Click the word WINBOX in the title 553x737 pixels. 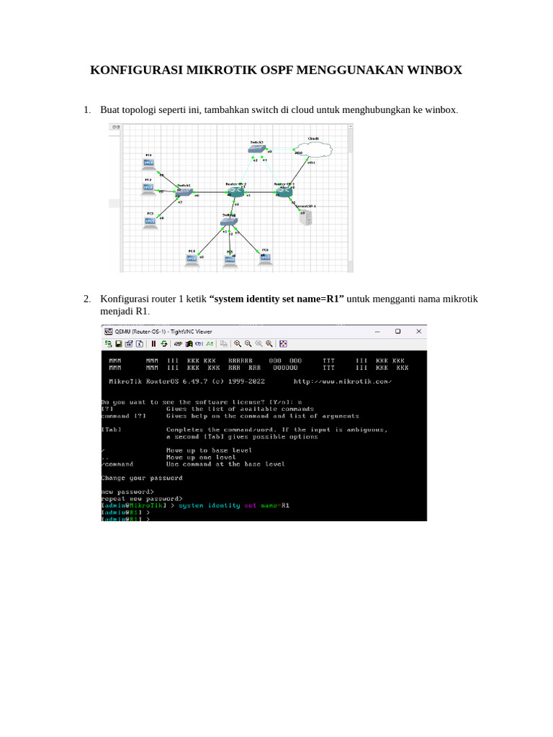click(428, 70)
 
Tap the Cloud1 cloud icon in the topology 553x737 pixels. click(314, 149)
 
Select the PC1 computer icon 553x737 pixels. click(148, 163)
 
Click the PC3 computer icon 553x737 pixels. click(150, 221)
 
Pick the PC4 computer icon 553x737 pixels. click(192, 258)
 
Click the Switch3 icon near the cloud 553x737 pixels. click(256, 150)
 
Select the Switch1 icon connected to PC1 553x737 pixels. click(184, 192)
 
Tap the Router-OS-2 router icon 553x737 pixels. click(235, 191)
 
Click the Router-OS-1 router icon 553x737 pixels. click(284, 191)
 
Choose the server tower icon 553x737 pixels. click(306, 218)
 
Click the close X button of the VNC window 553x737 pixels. click(418, 332)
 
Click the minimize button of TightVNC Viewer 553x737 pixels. click(377, 332)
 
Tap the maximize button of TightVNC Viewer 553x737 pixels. click(397, 332)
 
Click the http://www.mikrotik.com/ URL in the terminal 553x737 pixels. click(343, 381)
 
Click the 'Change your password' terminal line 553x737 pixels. click(142, 477)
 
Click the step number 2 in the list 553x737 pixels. click(86, 299)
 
